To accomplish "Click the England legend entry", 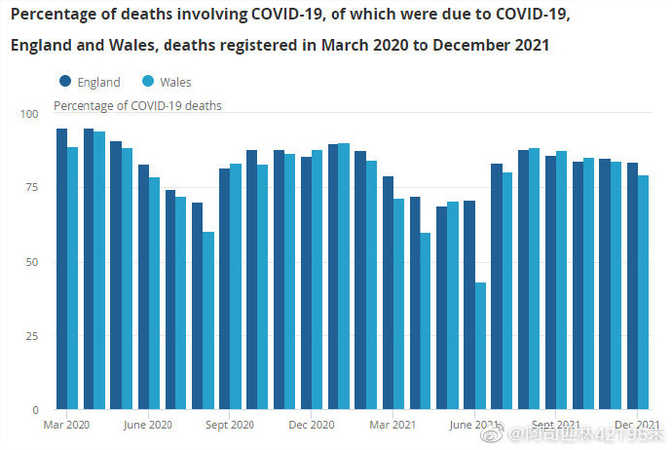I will pyautogui.click(x=90, y=83).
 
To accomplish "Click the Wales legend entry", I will pyautogui.click(x=167, y=83).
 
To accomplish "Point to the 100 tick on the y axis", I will pyautogui.click(x=29, y=114).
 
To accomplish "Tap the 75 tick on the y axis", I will pyautogui.click(x=32, y=188).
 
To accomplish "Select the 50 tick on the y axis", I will pyautogui.click(x=32, y=262).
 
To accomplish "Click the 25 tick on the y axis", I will pyautogui.click(x=32, y=336).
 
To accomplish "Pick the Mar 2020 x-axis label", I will pyautogui.click(x=66, y=425).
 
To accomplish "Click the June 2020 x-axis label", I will pyautogui.click(x=148, y=425).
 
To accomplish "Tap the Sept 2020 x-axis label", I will pyautogui.click(x=230, y=425).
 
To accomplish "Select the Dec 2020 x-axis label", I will pyautogui.click(x=312, y=425).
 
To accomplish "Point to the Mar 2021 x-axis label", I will pyautogui.click(x=393, y=425).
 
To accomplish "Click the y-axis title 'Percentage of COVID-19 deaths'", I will pyautogui.click(x=137, y=105).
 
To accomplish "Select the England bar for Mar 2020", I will pyautogui.click(x=61, y=269).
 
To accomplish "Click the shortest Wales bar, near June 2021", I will pyautogui.click(x=480, y=346).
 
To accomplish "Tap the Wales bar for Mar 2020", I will pyautogui.click(x=72, y=278).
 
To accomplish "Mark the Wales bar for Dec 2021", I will pyautogui.click(x=643, y=292).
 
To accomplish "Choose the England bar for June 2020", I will pyautogui.click(x=143, y=286).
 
